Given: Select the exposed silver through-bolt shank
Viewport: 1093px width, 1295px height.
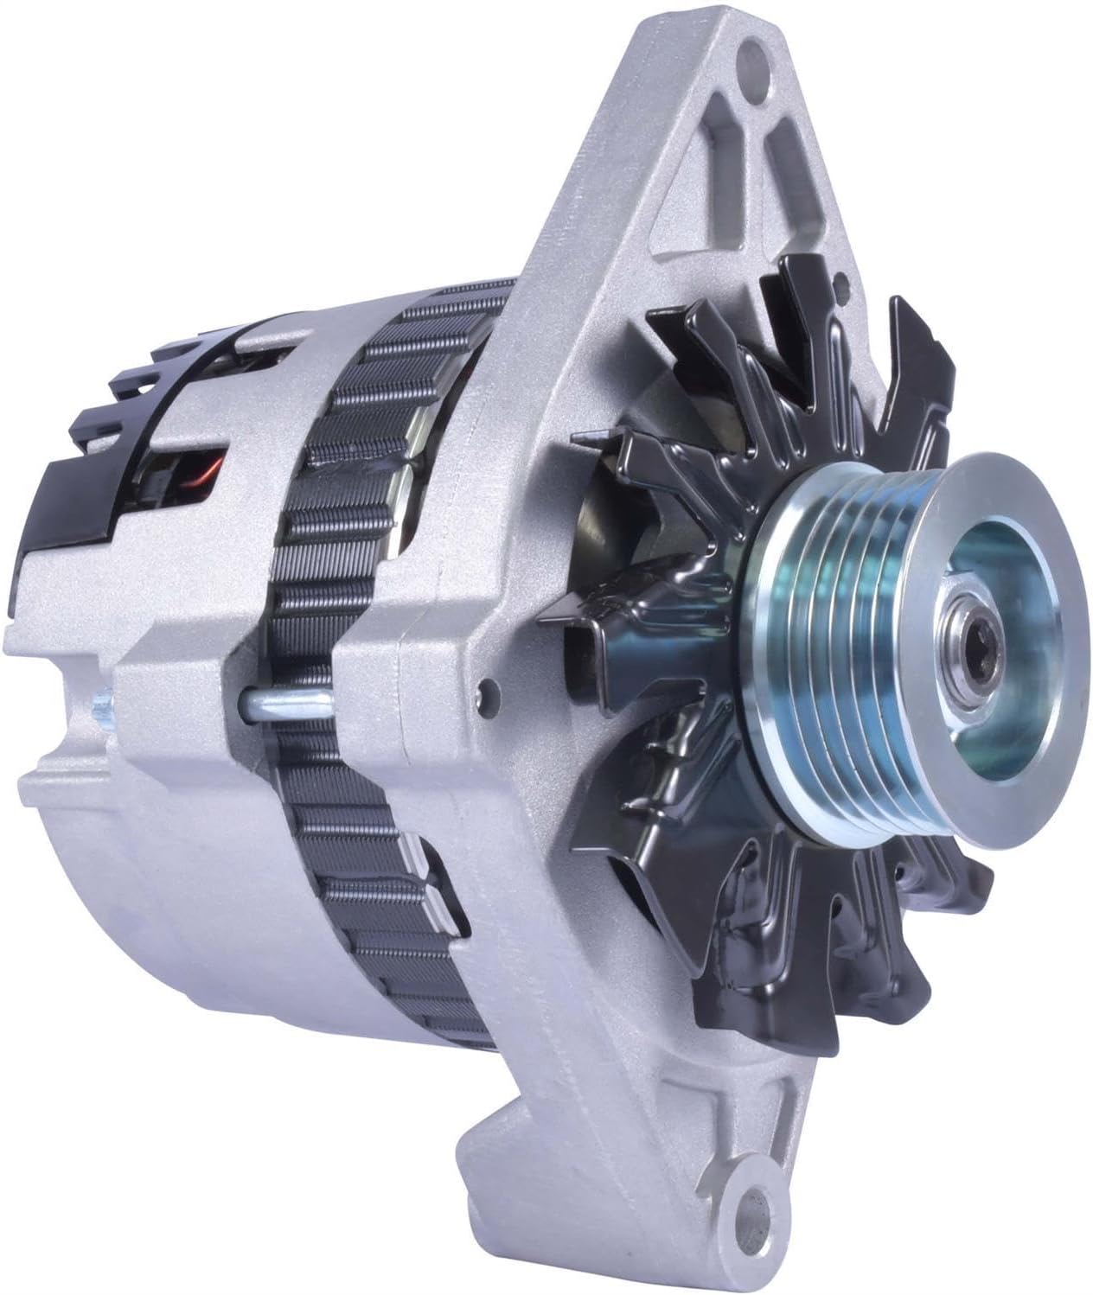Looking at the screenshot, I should pos(285,699).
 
